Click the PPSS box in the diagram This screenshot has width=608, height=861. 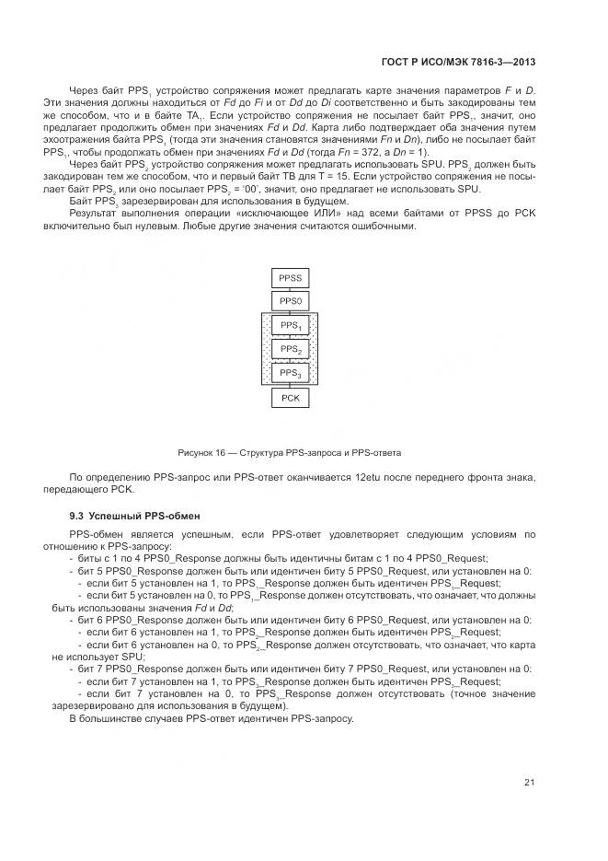(290, 277)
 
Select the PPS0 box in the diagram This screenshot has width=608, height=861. (290, 301)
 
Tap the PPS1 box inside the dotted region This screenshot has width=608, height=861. (290, 326)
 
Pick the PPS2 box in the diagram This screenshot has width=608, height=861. (290, 350)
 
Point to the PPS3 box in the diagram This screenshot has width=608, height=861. (290, 373)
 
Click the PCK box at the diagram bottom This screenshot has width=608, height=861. (290, 398)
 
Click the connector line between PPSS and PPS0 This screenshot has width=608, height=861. (290, 289)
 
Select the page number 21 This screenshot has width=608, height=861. (530, 783)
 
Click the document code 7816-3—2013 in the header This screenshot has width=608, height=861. (504, 62)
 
